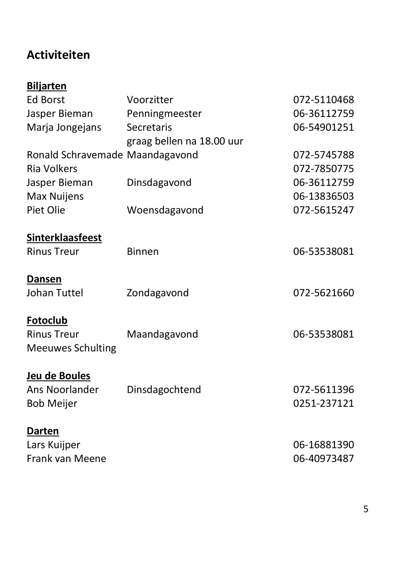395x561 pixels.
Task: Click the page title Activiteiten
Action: click(58, 55)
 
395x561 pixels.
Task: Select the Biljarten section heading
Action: click(47, 86)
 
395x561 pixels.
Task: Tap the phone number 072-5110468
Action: click(323, 100)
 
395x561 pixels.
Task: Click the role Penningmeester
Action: click(164, 114)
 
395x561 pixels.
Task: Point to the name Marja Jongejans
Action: click(64, 127)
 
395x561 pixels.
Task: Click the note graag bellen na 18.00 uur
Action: click(185, 141)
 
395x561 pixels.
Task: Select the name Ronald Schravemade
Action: click(75, 155)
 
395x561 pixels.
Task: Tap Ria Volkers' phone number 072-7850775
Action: click(323, 169)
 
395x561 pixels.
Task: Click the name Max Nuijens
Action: click(55, 196)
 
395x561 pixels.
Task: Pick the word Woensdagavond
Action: click(165, 210)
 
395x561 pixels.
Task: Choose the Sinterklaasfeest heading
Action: click(64, 238)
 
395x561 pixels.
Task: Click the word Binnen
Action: click(143, 252)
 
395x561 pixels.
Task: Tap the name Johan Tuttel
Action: click(55, 293)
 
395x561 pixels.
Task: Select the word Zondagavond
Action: click(158, 293)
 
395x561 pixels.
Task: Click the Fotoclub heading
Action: click(47, 320)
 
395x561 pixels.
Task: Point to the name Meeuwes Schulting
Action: click(71, 348)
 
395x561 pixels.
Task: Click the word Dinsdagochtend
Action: click(164, 390)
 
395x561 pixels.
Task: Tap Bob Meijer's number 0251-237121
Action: click(323, 403)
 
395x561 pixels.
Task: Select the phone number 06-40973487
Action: click(323, 458)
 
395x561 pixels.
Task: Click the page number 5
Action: click(366, 509)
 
